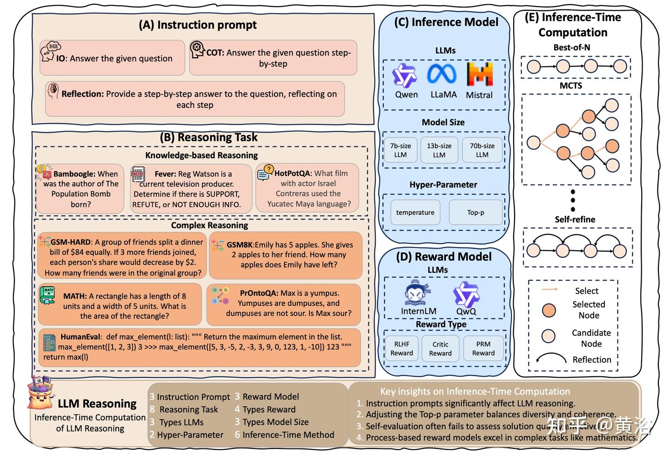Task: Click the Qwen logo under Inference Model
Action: (x=404, y=75)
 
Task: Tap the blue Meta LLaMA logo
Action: (x=442, y=74)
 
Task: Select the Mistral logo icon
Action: (x=479, y=74)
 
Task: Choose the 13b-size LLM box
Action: (x=439, y=150)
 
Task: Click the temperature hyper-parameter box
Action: (x=415, y=212)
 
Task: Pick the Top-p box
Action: (x=476, y=212)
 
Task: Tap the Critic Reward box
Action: (x=440, y=348)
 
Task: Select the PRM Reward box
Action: (x=483, y=348)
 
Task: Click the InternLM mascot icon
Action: (x=417, y=293)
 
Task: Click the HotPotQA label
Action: (x=293, y=174)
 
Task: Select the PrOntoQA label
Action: (x=259, y=293)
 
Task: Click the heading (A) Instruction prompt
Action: (x=198, y=25)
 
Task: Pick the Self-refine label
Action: (x=575, y=219)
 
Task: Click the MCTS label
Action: (x=571, y=86)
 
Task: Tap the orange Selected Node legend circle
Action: (x=549, y=310)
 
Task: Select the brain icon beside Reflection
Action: (x=53, y=91)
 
